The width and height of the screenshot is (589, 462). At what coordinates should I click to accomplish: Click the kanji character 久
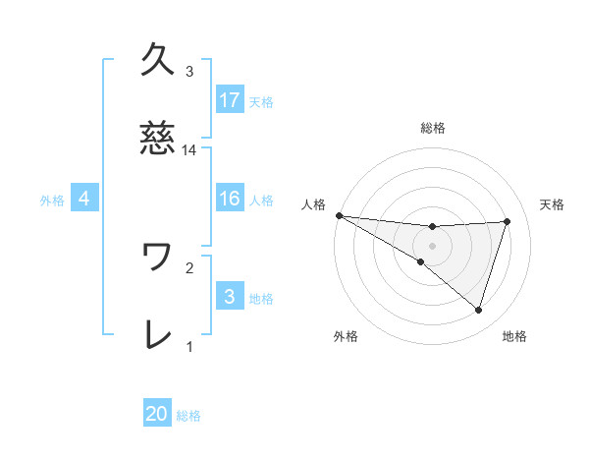(159, 60)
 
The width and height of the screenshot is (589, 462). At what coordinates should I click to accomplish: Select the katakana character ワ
(158, 258)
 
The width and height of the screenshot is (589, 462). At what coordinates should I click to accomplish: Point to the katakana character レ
(158, 335)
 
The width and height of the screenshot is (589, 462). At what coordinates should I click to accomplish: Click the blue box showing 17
(230, 99)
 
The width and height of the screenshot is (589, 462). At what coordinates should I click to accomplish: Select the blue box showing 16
(230, 199)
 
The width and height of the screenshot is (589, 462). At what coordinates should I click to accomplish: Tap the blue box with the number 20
(157, 414)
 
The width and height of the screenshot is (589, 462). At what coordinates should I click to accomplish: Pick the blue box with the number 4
(84, 199)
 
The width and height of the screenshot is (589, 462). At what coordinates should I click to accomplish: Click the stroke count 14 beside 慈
(189, 151)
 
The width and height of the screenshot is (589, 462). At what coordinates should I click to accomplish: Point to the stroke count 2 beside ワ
(189, 265)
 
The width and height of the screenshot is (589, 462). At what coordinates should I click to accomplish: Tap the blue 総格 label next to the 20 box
(188, 416)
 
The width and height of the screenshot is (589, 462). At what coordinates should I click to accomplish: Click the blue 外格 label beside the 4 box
(52, 200)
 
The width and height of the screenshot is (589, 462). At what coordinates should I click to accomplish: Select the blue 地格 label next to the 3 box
(261, 298)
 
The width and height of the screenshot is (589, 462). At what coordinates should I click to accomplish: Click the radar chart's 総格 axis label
(433, 128)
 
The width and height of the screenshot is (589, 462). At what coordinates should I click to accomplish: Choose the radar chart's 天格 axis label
(553, 204)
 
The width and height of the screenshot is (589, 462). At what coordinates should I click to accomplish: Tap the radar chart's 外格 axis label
(346, 336)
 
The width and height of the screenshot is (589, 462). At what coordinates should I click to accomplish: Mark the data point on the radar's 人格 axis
(339, 214)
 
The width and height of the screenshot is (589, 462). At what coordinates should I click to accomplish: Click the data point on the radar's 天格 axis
(508, 221)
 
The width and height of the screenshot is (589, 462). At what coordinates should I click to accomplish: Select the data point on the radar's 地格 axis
(478, 310)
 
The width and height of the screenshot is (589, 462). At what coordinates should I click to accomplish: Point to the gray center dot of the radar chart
(433, 245)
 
